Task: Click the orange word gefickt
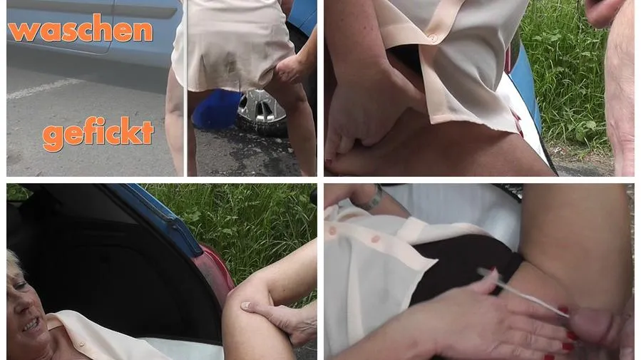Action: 98,133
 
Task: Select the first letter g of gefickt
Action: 53,138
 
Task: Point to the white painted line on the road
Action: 44,88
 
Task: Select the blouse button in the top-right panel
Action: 433,38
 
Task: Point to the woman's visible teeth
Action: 31,325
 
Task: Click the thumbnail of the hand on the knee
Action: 245,305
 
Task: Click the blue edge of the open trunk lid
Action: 159,217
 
